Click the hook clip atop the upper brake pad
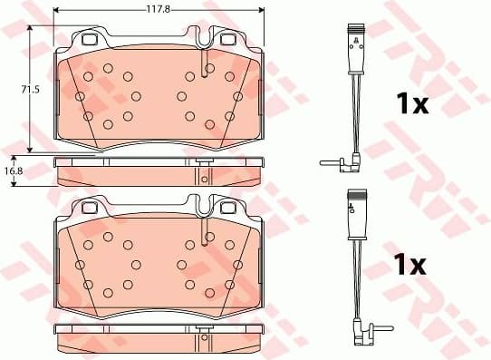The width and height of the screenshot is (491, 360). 206,40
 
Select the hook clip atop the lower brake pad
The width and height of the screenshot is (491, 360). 206,206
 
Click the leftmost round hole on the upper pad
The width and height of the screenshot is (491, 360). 80,96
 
